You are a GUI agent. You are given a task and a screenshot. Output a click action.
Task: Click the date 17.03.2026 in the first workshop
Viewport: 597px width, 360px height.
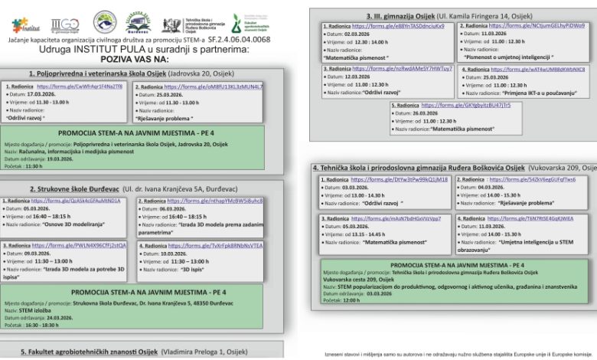(38, 93)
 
